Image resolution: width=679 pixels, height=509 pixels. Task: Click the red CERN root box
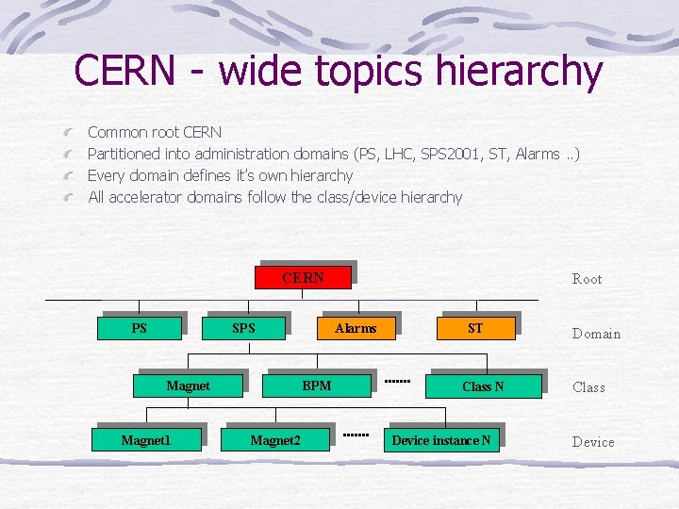pyautogui.click(x=303, y=277)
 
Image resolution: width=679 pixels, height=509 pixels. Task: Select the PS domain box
pyautogui.click(x=140, y=329)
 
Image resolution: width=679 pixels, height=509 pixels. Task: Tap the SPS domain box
pyautogui.click(x=244, y=329)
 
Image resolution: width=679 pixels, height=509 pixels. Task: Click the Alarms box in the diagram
pyautogui.click(x=356, y=329)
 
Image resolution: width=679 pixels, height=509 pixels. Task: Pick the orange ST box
pyautogui.click(x=475, y=328)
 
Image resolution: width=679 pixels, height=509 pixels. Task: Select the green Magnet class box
pyautogui.click(x=188, y=386)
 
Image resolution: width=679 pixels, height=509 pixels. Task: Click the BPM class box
pyautogui.click(x=317, y=386)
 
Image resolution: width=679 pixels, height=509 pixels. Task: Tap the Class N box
pyautogui.click(x=483, y=386)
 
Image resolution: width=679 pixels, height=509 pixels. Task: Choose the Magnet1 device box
pyautogui.click(x=146, y=440)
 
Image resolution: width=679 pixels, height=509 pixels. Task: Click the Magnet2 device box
pyautogui.click(x=275, y=440)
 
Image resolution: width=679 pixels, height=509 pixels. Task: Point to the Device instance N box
pyautogui.click(x=440, y=440)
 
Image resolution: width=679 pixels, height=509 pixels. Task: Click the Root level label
pyautogui.click(x=587, y=279)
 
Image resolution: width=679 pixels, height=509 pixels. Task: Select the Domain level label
pyautogui.click(x=596, y=334)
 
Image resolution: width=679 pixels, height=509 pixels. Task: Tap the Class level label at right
pyautogui.click(x=588, y=387)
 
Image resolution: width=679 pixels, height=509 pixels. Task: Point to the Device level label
pyautogui.click(x=593, y=442)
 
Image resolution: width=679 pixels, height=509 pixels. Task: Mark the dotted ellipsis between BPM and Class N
pyautogui.click(x=397, y=382)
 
